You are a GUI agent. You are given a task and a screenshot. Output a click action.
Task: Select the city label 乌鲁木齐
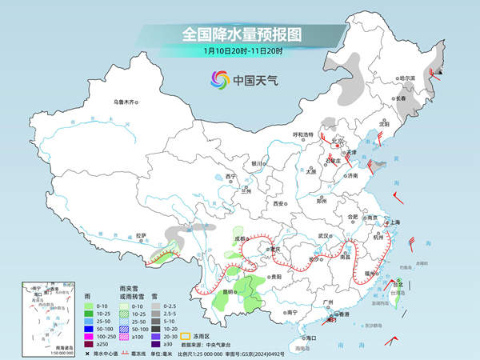[x=125, y=102]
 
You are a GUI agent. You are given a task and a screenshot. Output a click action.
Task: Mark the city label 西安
[x=278, y=204]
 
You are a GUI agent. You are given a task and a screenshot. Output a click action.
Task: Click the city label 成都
[x=240, y=238]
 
